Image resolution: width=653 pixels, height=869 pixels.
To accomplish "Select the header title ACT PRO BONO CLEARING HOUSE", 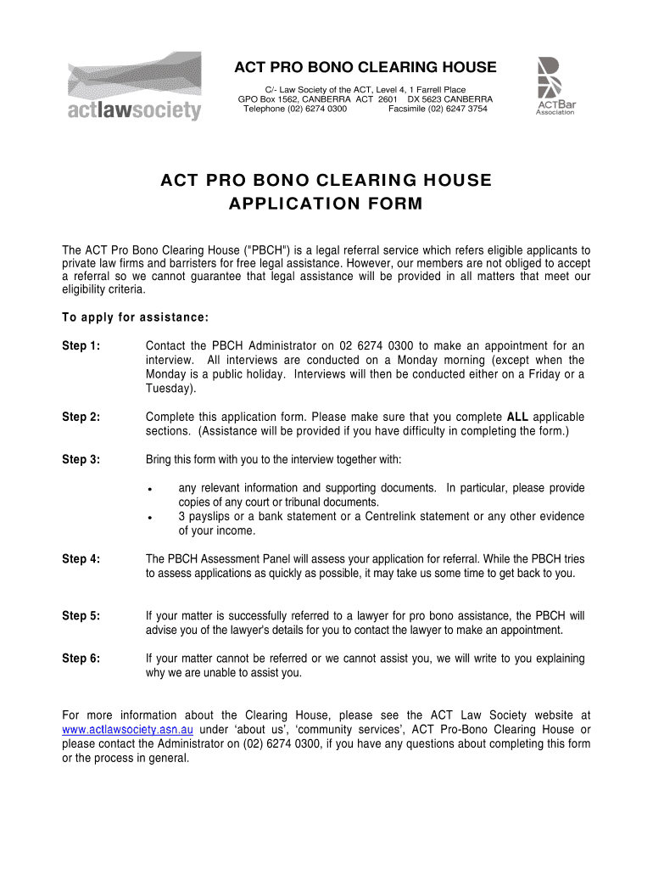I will [x=366, y=68].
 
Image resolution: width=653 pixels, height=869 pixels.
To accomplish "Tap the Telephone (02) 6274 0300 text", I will [x=294, y=109].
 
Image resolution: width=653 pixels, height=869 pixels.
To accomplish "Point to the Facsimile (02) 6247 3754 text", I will [x=438, y=109].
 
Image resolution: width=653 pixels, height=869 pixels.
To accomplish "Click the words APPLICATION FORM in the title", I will [x=326, y=205].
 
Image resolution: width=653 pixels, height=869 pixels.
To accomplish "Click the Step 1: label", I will [x=81, y=346].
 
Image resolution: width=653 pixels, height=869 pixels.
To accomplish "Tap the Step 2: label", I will [x=81, y=417].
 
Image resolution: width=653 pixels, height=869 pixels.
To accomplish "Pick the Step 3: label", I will [x=81, y=459].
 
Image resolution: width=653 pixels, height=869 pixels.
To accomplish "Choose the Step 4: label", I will [x=81, y=558].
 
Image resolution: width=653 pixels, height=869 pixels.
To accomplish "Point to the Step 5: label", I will [x=81, y=615].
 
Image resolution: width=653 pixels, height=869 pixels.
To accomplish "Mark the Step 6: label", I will [x=81, y=658].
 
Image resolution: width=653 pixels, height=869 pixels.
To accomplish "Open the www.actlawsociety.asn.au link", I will [x=128, y=730].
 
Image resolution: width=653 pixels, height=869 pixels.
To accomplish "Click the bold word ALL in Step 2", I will [x=517, y=417].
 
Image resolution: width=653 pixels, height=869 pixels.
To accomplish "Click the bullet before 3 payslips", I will [x=149, y=518].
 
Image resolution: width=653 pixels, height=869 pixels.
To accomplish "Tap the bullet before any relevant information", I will [x=149, y=490].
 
